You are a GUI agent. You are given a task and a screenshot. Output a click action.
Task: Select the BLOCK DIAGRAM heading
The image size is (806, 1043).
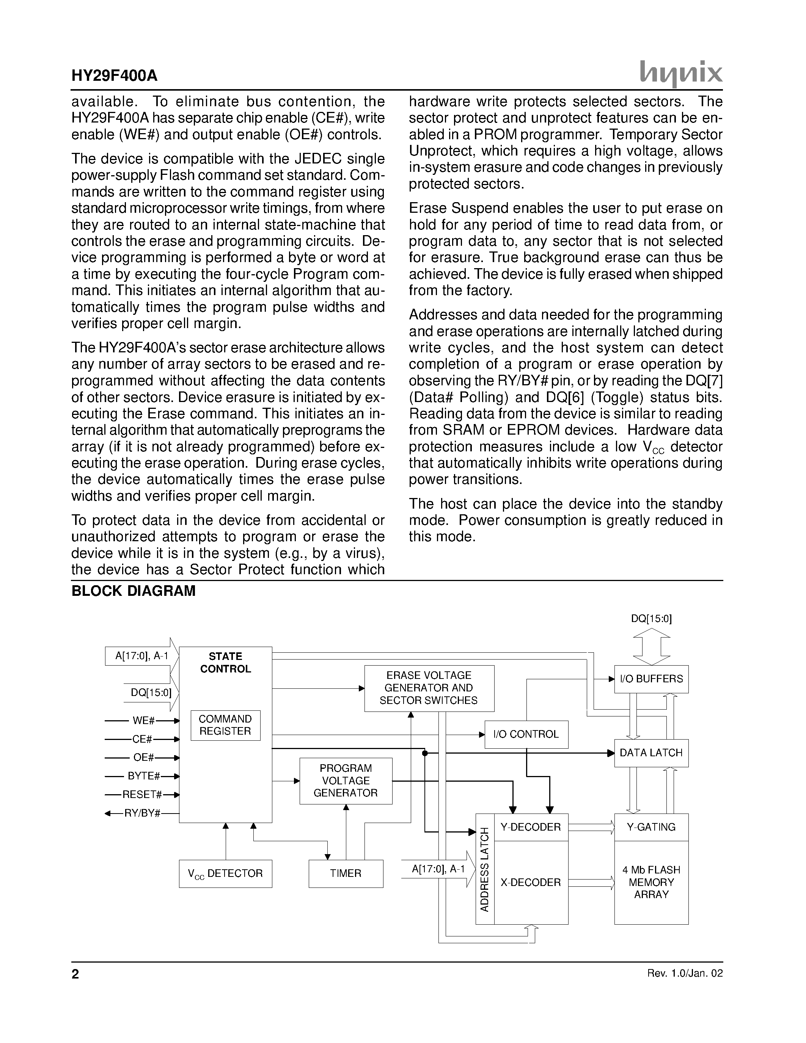click(133, 591)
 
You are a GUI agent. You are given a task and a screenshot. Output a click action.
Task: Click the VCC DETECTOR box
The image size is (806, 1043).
click(225, 873)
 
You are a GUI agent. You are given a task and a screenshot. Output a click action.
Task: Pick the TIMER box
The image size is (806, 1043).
click(346, 873)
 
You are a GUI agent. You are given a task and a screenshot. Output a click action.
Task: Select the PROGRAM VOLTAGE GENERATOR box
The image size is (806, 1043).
click(346, 781)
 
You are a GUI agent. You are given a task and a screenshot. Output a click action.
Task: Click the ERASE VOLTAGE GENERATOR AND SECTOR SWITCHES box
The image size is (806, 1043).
click(429, 688)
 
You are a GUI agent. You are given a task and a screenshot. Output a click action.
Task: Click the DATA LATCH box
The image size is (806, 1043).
click(651, 752)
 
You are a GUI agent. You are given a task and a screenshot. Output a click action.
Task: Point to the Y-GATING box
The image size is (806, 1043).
click(651, 827)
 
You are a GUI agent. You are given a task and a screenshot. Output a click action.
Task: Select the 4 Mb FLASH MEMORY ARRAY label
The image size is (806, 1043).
click(651, 883)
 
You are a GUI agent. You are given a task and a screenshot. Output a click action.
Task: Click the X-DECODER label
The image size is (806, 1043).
click(531, 883)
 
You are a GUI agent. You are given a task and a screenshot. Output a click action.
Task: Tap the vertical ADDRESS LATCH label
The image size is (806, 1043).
click(485, 869)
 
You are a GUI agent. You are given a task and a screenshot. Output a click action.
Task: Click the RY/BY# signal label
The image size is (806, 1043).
click(142, 813)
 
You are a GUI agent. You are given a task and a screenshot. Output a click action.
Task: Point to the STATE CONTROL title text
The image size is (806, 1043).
click(225, 662)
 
